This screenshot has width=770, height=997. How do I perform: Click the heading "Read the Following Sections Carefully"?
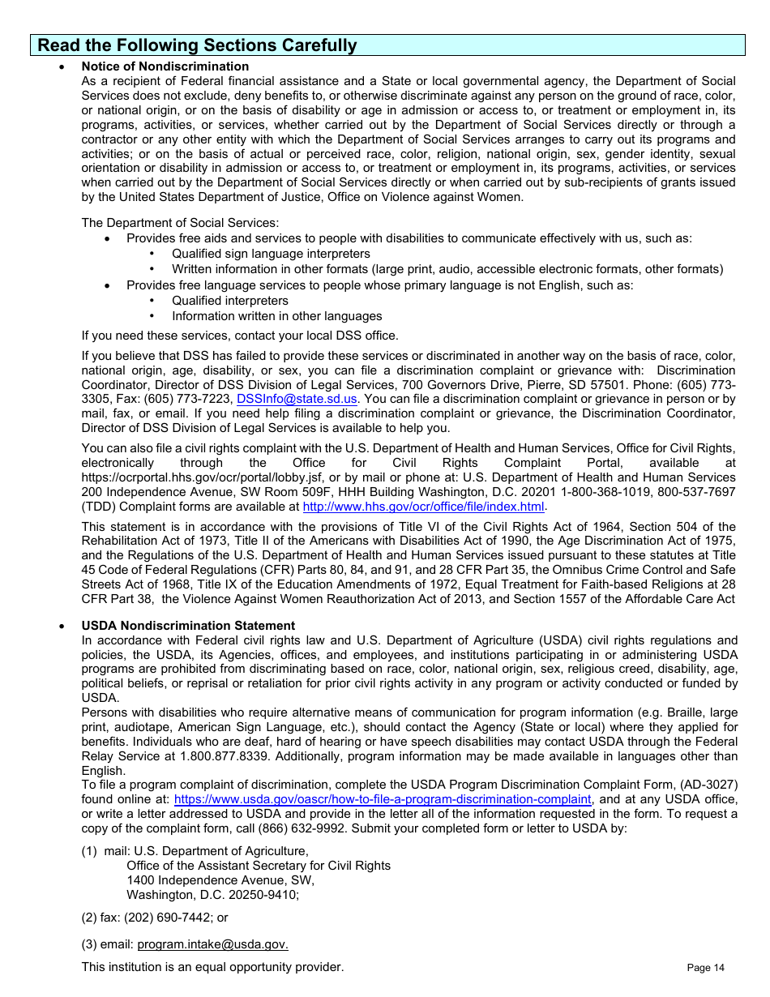(x=197, y=45)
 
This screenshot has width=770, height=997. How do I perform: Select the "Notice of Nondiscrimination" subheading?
(x=165, y=66)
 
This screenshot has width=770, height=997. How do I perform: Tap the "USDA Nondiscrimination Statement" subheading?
(x=188, y=626)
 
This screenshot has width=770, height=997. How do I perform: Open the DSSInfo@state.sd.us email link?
(x=297, y=399)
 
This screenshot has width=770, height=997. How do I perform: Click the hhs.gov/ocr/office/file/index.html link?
(x=423, y=507)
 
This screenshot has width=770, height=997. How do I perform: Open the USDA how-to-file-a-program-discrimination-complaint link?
(x=383, y=799)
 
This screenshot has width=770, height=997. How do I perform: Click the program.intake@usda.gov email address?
(x=212, y=944)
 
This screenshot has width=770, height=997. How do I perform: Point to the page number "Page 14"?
(x=705, y=968)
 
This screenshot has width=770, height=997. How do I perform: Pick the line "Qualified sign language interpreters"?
(x=271, y=254)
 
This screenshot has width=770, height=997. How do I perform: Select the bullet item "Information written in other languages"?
(x=276, y=316)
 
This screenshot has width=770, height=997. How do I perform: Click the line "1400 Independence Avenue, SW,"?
(x=220, y=880)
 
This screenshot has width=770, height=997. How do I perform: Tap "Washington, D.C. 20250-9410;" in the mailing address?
(x=212, y=895)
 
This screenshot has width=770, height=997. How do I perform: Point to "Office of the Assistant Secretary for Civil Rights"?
(x=258, y=866)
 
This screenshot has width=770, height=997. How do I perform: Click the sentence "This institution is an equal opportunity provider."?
(x=212, y=967)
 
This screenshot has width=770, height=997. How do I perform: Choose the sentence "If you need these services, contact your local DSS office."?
(x=240, y=336)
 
